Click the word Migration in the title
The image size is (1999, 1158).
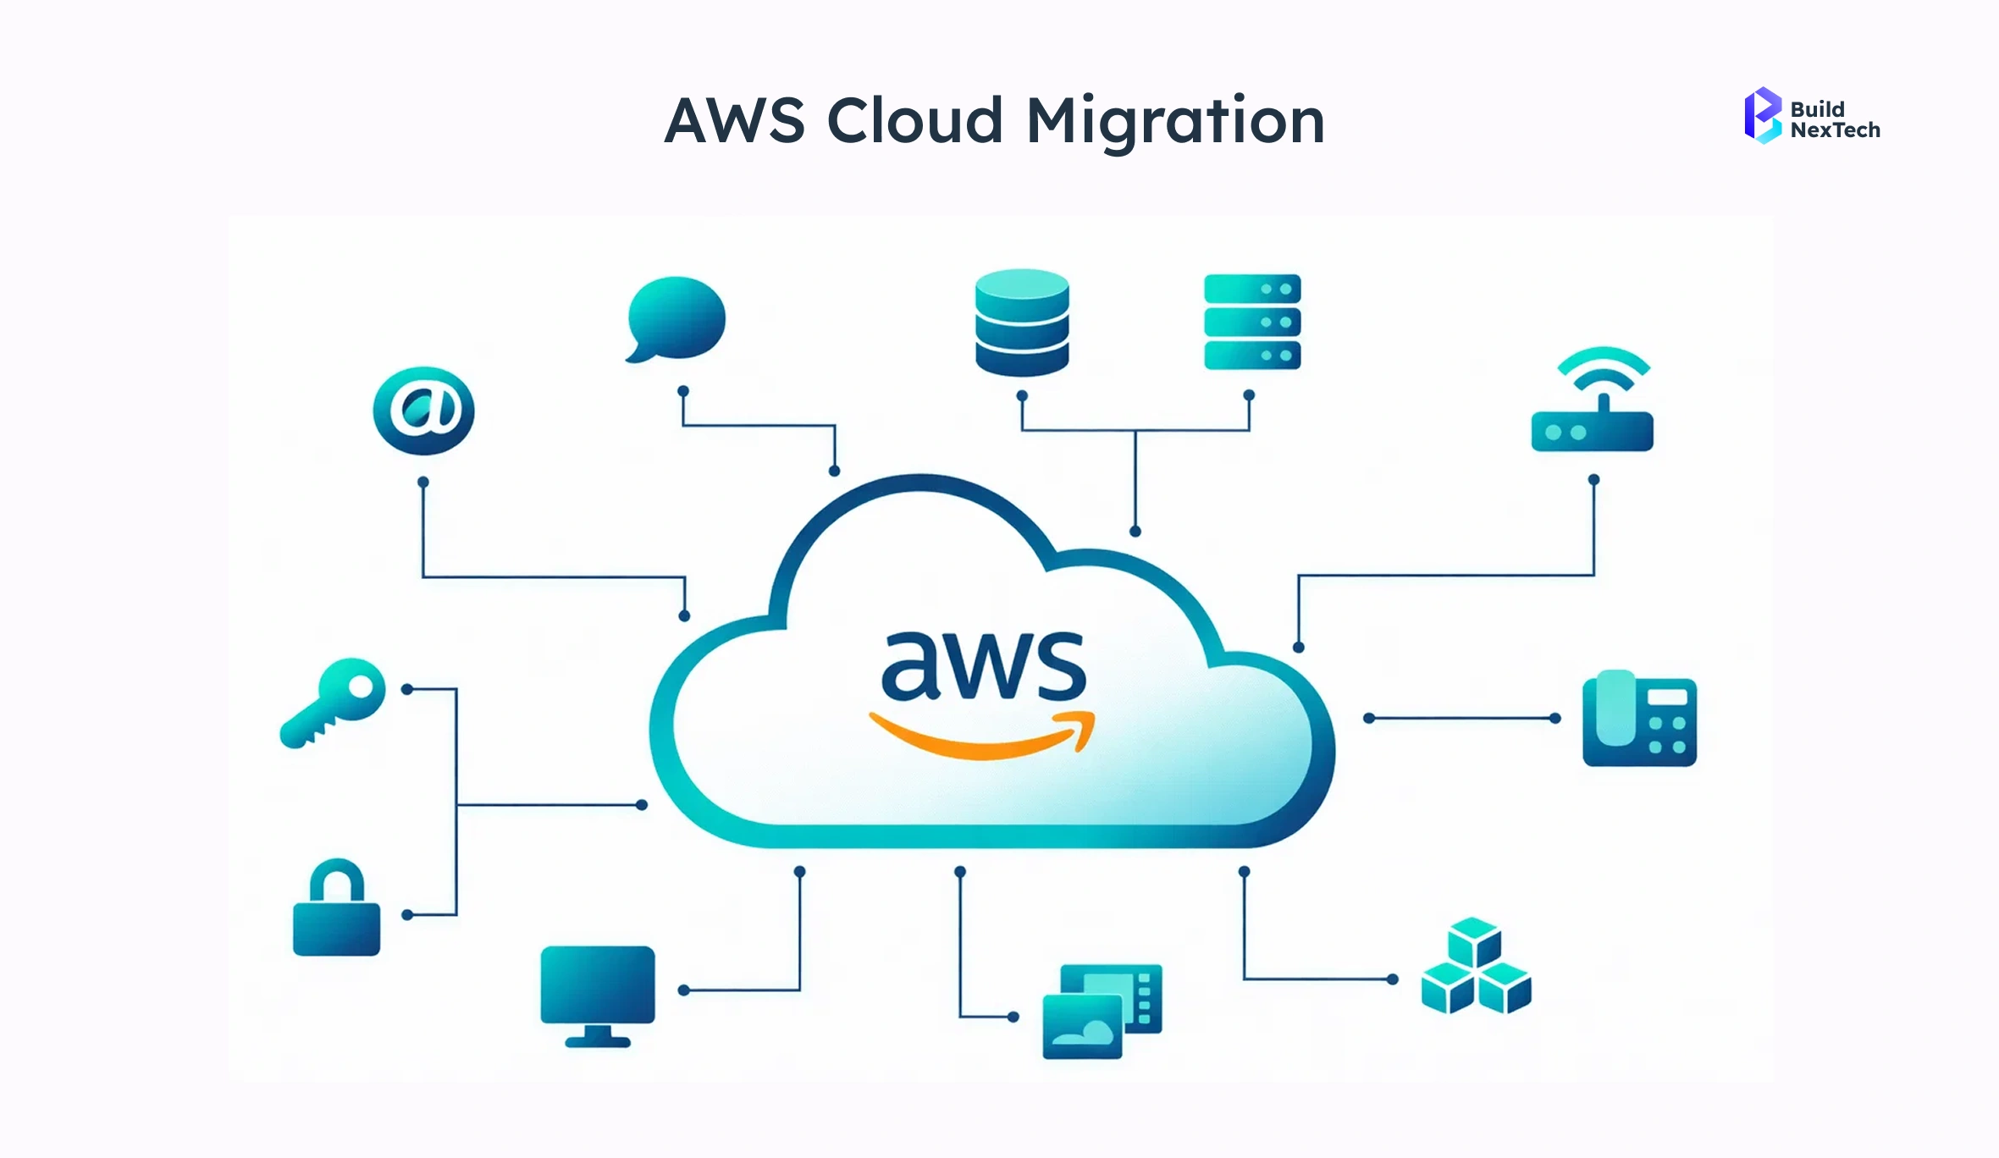tap(1175, 120)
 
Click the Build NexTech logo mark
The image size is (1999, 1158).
tap(1762, 116)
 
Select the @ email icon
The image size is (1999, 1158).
tap(423, 411)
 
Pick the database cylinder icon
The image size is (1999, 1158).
tap(1022, 323)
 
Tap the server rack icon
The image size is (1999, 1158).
tap(1252, 322)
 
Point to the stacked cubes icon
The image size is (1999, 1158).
tap(1476, 967)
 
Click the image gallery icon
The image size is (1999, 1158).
tap(1102, 1012)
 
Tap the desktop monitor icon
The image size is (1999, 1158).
tap(598, 986)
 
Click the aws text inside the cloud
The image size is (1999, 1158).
tap(983, 668)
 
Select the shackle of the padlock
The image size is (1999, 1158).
tap(336, 880)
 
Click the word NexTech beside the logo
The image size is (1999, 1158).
tap(1835, 130)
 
